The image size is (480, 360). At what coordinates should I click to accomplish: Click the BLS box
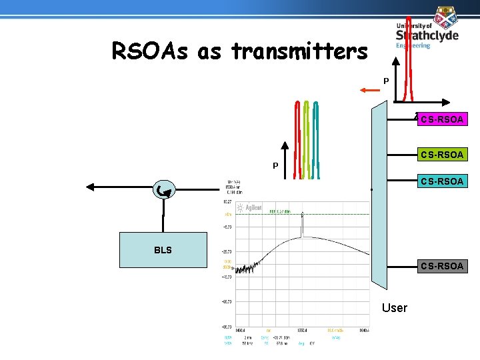pyautogui.click(x=163, y=250)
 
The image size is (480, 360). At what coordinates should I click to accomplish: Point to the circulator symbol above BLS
pyautogui.click(x=163, y=191)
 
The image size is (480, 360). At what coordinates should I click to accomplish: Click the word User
pyautogui.click(x=395, y=307)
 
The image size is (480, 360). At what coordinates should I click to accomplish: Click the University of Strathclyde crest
pyautogui.click(x=446, y=17)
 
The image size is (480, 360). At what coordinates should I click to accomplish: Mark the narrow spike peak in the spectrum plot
pyautogui.click(x=302, y=215)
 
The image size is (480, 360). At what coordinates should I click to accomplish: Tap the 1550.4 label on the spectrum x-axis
pyautogui.click(x=301, y=330)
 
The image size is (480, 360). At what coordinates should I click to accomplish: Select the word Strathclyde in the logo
pyautogui.click(x=427, y=35)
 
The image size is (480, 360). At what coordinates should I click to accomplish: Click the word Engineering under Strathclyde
pyautogui.click(x=413, y=46)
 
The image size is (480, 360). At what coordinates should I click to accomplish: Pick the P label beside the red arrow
pyautogui.click(x=386, y=81)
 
